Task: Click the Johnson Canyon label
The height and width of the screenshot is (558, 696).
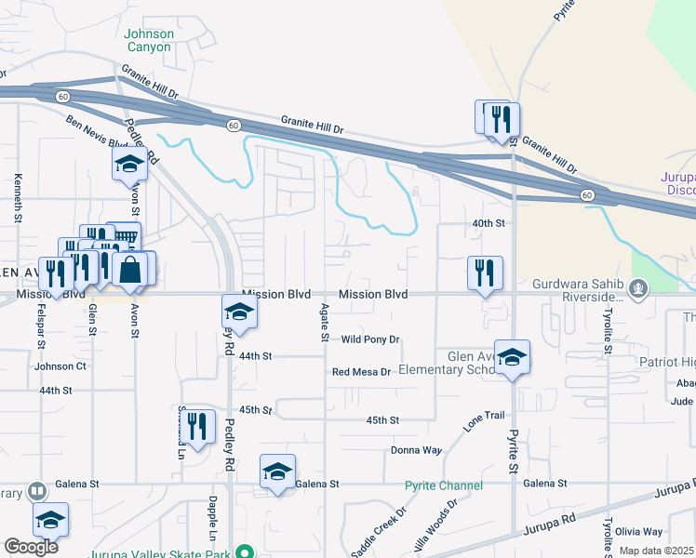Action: point(149,40)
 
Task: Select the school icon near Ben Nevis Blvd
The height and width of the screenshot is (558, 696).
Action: point(130,166)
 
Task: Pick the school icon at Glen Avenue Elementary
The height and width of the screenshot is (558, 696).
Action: point(512,357)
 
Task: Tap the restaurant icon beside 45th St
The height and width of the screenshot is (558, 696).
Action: point(196,426)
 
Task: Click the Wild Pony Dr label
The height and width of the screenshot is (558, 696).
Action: point(369,339)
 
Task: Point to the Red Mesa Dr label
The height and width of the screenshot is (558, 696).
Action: point(361,372)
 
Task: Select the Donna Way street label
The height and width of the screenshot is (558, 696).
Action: point(416,450)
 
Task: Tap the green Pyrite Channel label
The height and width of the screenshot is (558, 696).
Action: point(444,485)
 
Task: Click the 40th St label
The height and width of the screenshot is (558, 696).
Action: point(488,223)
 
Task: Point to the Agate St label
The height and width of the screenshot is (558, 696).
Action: point(324,322)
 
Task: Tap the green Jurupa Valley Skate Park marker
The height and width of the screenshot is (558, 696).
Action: point(244,551)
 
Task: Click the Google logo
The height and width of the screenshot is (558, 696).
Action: point(31,547)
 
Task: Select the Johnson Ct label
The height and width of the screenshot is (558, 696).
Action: point(60,366)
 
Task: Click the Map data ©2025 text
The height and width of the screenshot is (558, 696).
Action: point(656,551)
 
